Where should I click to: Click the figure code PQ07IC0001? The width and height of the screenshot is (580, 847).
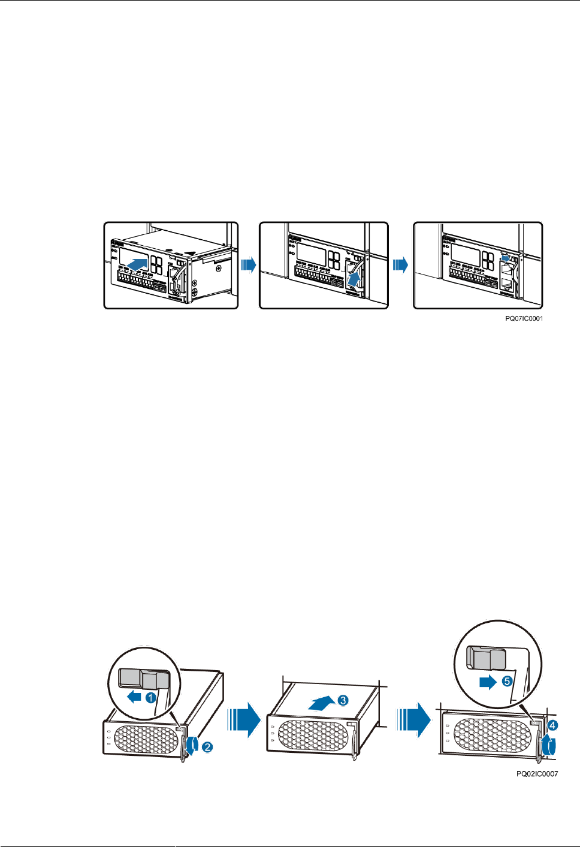pyautogui.click(x=524, y=318)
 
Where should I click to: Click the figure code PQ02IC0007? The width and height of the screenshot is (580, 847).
pyautogui.click(x=537, y=774)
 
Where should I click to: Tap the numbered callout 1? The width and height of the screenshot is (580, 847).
pyautogui.click(x=151, y=698)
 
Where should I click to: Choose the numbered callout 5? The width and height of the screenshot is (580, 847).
pyautogui.click(x=507, y=682)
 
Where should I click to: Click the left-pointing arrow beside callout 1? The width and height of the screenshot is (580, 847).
pyautogui.click(x=134, y=697)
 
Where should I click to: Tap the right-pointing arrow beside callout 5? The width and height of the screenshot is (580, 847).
pyautogui.click(x=488, y=682)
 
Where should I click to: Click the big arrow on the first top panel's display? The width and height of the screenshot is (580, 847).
pyautogui.click(x=138, y=263)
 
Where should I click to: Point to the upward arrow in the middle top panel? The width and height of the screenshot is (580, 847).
pyautogui.click(x=356, y=279)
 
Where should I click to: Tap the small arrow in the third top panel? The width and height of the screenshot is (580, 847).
pyautogui.click(x=507, y=258)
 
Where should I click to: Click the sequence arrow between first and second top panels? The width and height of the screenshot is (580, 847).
pyautogui.click(x=248, y=264)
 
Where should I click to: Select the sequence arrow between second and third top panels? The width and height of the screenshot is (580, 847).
pyautogui.click(x=400, y=264)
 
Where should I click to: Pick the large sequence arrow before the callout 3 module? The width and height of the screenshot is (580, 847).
pyautogui.click(x=243, y=720)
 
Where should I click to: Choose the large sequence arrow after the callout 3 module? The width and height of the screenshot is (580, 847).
pyautogui.click(x=414, y=720)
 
